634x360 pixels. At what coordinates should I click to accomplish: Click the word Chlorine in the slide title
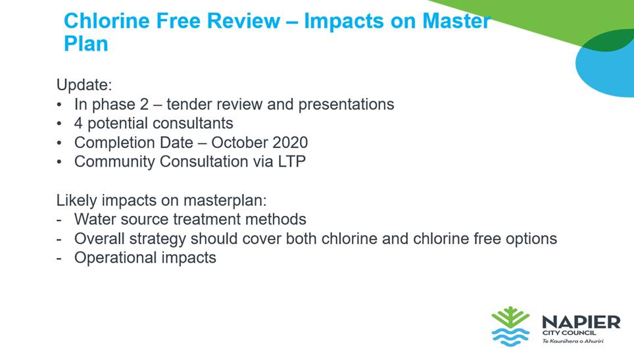(x=107, y=20)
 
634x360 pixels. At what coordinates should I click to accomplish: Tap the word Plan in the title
(x=85, y=43)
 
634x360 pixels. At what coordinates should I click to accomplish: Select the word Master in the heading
(x=456, y=20)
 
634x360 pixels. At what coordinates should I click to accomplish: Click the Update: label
(x=84, y=86)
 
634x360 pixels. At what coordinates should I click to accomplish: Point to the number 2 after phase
(x=144, y=105)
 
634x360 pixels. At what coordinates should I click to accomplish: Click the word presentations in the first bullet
(x=346, y=105)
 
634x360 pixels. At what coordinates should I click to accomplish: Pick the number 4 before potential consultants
(x=78, y=123)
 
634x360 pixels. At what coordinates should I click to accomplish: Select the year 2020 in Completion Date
(x=290, y=143)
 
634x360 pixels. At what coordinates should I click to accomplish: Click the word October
(x=239, y=143)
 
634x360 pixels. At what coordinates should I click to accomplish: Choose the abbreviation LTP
(x=291, y=162)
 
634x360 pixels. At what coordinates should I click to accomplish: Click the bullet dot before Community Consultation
(x=59, y=162)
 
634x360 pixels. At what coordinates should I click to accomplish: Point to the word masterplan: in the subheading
(x=225, y=201)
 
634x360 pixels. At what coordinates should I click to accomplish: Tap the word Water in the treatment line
(x=95, y=219)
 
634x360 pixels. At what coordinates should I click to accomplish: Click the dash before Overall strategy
(x=59, y=239)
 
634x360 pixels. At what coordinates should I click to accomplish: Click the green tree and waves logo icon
(x=510, y=326)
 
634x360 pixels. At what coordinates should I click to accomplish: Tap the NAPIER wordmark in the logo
(x=581, y=322)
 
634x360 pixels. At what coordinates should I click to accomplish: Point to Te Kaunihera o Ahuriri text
(x=573, y=341)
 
